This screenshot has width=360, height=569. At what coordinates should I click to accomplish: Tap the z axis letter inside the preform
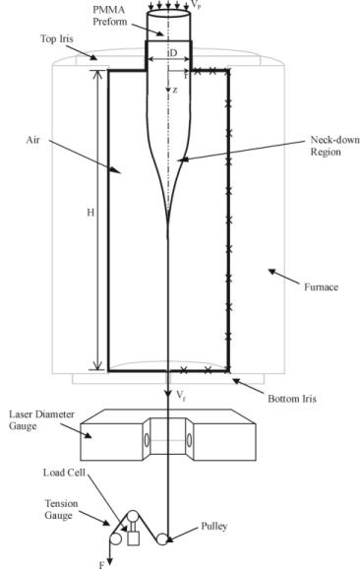pyautogui.click(x=175, y=91)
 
